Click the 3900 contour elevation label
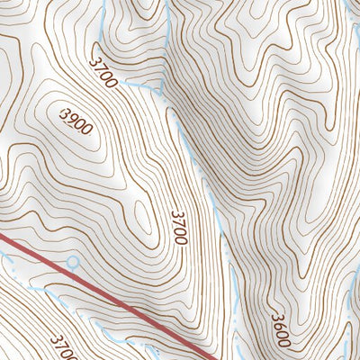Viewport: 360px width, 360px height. coord(75,121)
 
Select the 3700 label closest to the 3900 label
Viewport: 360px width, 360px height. coord(104,70)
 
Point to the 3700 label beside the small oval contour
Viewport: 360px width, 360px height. coord(177,227)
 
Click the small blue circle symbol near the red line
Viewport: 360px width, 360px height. coord(73,262)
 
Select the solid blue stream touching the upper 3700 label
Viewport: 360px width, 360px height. coord(135,84)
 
